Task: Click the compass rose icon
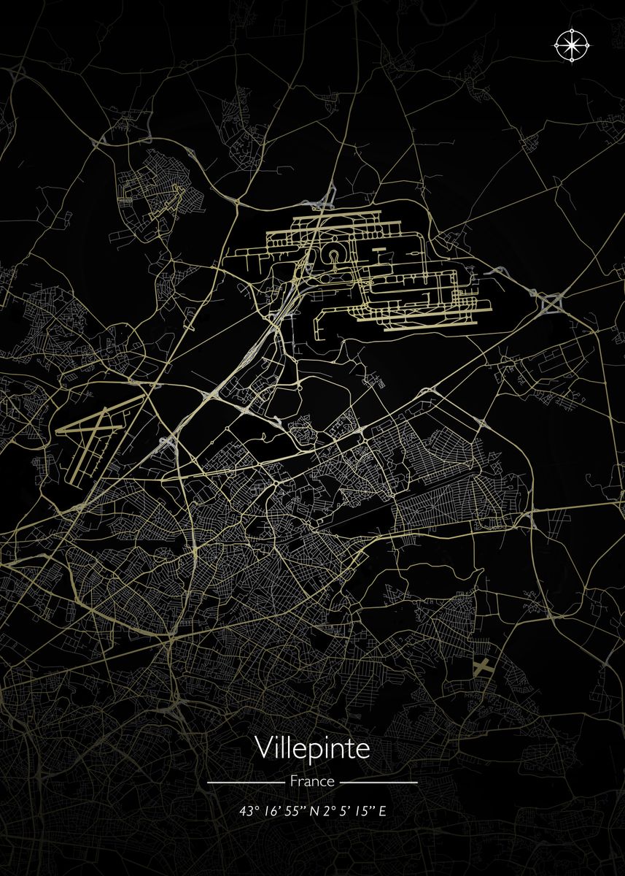point(572,45)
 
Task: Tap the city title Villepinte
point(312,748)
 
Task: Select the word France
point(312,781)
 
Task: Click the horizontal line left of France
point(245,782)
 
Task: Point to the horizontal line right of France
point(379,782)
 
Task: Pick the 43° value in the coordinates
point(251,811)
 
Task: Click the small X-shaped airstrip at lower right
point(482,666)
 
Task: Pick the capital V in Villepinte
point(263,748)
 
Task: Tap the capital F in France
point(294,781)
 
